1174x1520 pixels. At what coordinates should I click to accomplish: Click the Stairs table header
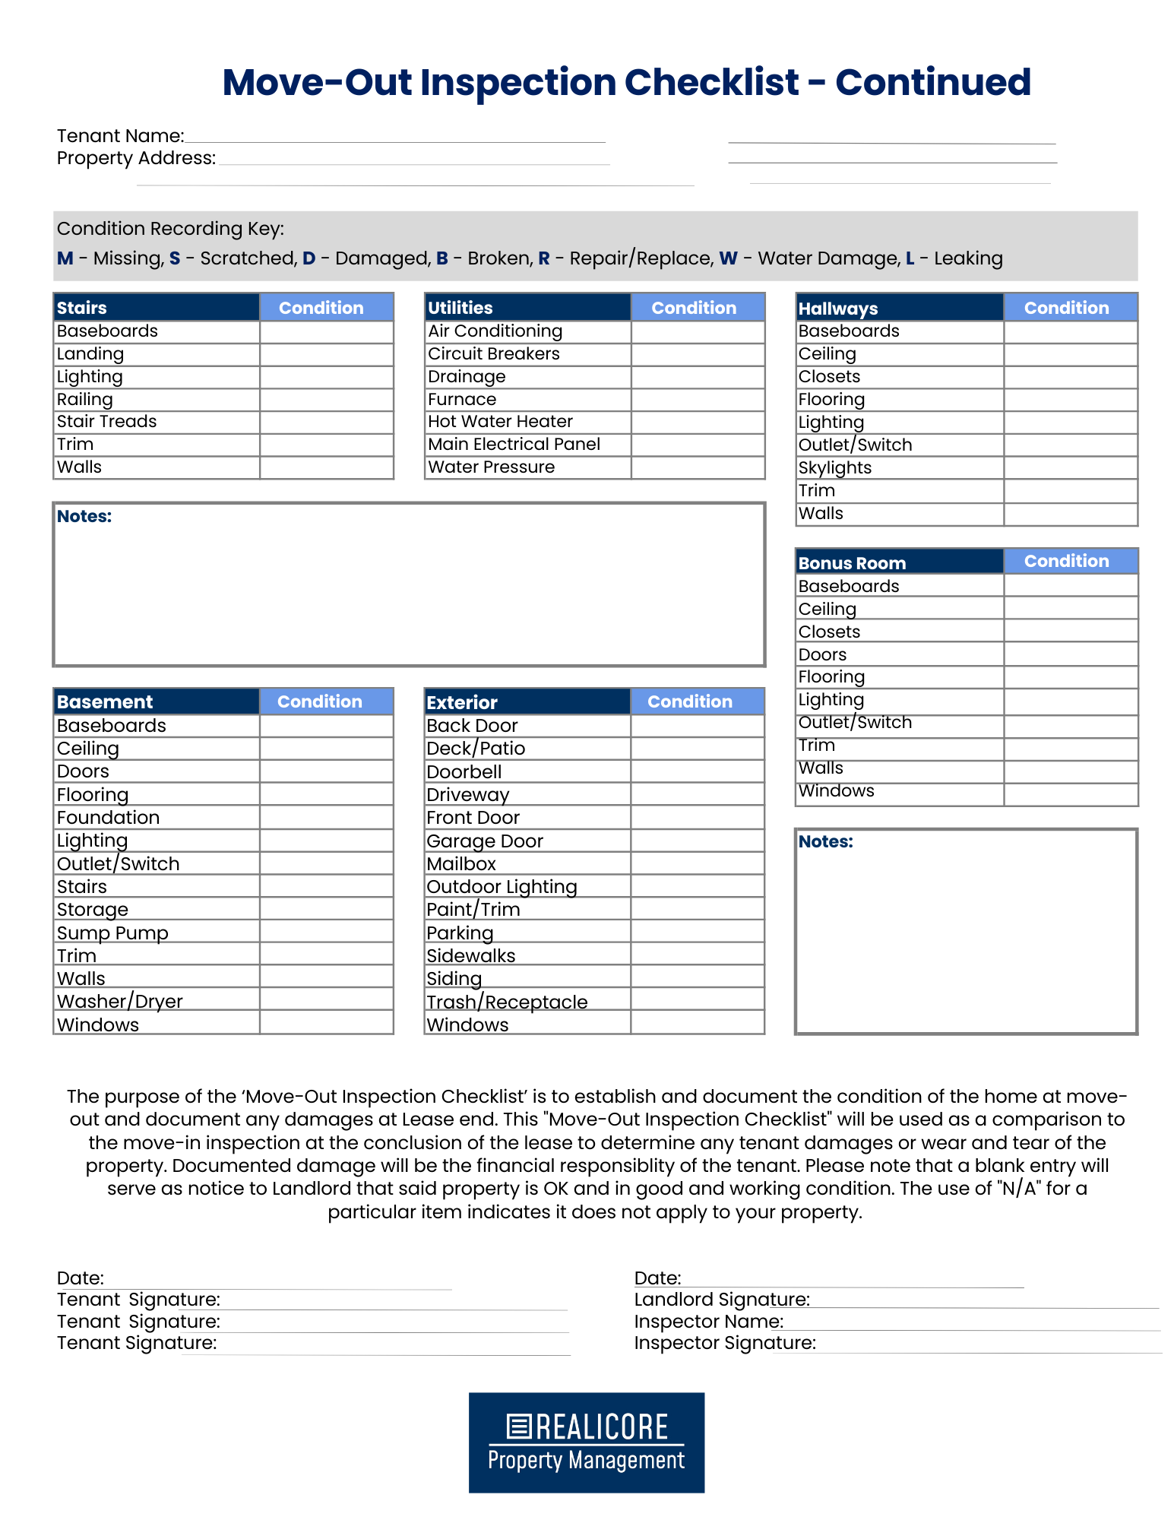(81, 308)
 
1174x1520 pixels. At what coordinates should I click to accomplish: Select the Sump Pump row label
(112, 933)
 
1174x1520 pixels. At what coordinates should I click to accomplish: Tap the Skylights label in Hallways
(834, 467)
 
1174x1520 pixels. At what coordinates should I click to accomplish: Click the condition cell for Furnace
(697, 400)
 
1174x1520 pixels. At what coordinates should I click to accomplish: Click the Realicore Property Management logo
(586, 1442)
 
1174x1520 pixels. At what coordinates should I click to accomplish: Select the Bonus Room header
(852, 563)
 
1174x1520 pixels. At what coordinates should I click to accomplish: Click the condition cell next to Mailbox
(697, 863)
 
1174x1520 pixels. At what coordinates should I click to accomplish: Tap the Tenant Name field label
(120, 136)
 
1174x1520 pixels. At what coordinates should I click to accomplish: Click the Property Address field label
(136, 158)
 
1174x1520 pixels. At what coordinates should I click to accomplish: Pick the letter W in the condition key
(728, 258)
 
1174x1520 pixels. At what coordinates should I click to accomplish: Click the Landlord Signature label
(721, 1300)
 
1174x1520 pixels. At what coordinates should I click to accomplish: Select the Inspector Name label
(708, 1322)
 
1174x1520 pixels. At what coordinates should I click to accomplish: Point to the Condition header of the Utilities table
(693, 308)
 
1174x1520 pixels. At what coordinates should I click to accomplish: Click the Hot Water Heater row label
(500, 422)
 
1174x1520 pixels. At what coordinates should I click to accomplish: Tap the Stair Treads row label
(106, 422)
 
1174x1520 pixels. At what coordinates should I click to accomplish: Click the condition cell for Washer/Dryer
(326, 1000)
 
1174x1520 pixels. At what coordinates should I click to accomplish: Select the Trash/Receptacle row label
(507, 1002)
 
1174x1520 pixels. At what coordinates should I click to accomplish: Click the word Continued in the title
(932, 82)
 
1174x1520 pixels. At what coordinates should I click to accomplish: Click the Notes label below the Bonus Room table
(825, 841)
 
